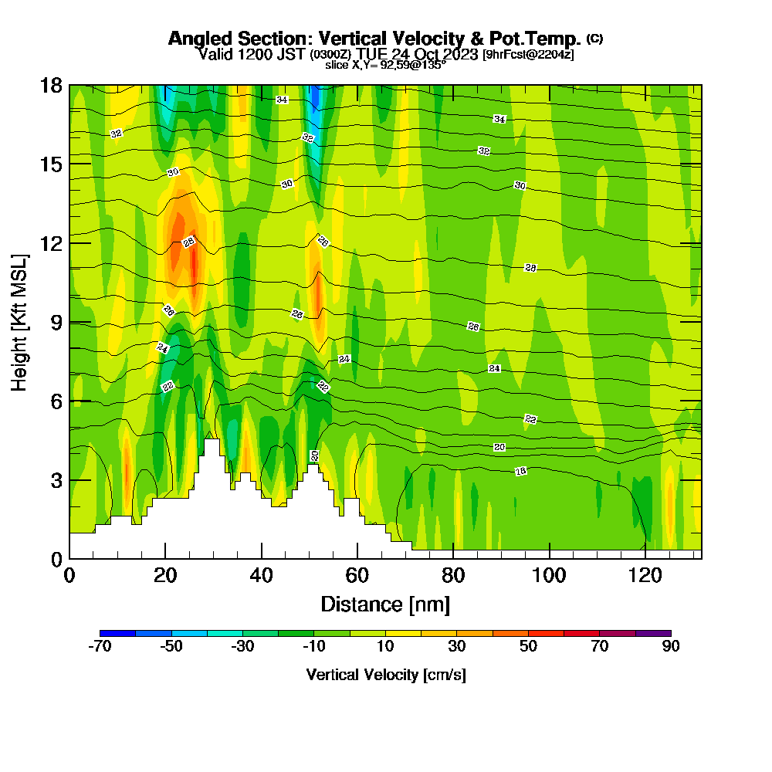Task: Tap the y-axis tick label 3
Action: (x=56, y=480)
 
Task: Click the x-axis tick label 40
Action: (x=262, y=575)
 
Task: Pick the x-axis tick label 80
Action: (x=453, y=575)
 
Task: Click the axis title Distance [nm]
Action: (x=385, y=604)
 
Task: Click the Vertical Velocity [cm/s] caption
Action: (x=385, y=675)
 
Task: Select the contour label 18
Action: (x=521, y=472)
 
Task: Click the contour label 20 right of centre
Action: (x=499, y=447)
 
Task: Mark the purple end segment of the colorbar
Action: (x=653, y=633)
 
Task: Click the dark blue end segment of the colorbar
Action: (x=117, y=633)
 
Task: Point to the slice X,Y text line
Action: (x=385, y=66)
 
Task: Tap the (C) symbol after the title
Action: (x=594, y=39)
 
